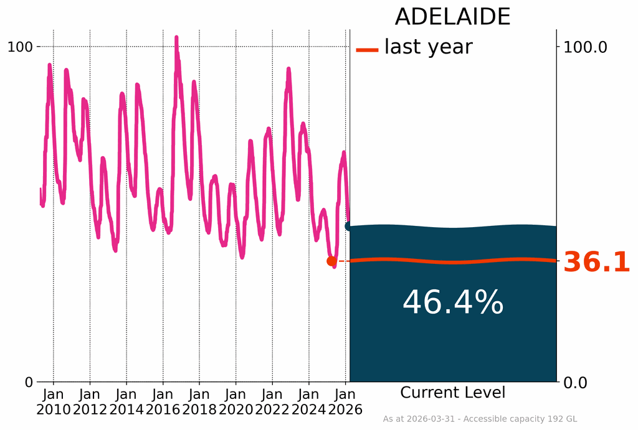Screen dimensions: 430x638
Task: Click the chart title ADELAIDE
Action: click(x=452, y=17)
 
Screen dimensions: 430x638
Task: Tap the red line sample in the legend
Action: click(x=367, y=50)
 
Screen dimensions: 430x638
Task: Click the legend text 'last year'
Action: click(x=428, y=47)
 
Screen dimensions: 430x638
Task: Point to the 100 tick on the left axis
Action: click(x=20, y=47)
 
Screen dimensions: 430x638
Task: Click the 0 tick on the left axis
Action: click(x=29, y=382)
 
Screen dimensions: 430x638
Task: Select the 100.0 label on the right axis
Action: click(x=585, y=47)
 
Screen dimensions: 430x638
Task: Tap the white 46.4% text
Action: click(x=452, y=304)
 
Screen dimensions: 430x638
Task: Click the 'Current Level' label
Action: click(x=452, y=393)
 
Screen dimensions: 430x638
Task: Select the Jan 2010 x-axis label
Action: click(x=54, y=401)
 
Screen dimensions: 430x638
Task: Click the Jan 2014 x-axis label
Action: click(x=126, y=401)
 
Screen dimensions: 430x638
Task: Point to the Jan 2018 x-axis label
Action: click(x=199, y=401)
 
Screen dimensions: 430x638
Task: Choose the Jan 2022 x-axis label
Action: click(x=272, y=401)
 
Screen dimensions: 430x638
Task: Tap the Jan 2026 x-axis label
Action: click(x=345, y=401)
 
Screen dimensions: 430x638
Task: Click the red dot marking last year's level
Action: click(x=331, y=261)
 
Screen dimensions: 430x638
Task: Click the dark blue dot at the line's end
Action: click(x=349, y=226)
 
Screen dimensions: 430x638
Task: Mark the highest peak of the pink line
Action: click(x=176, y=38)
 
